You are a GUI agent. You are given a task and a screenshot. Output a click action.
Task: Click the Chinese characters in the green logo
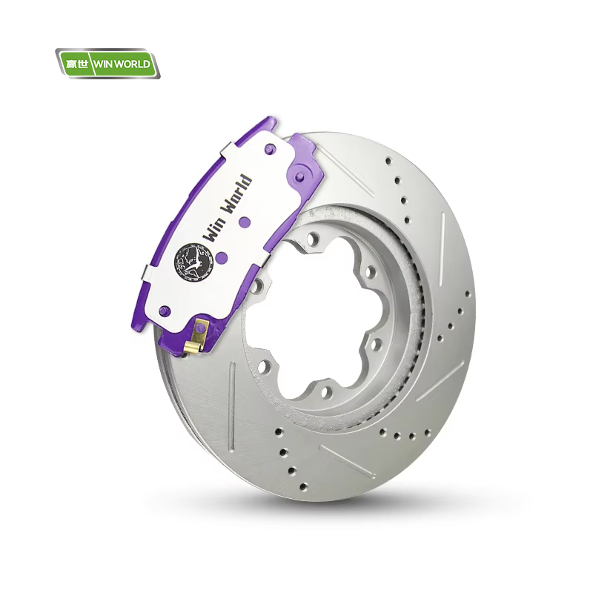point(77,64)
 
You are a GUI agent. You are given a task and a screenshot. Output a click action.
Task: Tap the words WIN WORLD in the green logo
point(122,64)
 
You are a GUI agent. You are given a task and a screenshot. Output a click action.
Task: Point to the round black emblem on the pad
point(194,263)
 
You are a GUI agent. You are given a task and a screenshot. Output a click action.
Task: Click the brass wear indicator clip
point(197,337)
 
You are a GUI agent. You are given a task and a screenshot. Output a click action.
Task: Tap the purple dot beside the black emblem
point(222,258)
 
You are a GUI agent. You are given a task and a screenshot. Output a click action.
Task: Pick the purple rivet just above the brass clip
point(164,311)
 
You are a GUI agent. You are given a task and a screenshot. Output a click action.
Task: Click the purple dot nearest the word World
point(245,221)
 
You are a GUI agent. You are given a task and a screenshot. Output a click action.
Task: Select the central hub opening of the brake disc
point(321,318)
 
